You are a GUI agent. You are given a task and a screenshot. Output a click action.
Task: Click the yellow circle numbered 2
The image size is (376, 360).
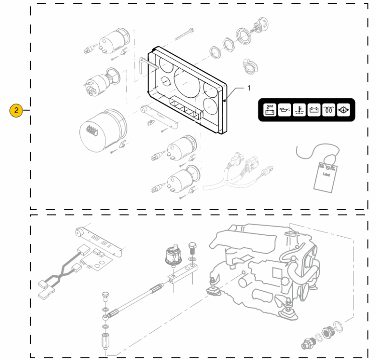point(16,111)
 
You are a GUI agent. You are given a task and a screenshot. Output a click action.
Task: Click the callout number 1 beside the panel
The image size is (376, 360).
point(249,88)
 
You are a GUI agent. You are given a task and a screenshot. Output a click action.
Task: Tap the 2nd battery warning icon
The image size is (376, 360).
point(270,111)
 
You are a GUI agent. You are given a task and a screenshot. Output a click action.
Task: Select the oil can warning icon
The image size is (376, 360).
point(284,111)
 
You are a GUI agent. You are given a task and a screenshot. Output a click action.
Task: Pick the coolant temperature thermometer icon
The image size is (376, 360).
point(298,111)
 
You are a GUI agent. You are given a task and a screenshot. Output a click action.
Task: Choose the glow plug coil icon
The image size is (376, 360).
point(328,111)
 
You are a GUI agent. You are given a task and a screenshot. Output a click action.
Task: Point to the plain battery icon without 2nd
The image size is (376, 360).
point(313,111)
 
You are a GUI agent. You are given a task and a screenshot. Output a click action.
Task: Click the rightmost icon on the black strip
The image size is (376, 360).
point(343,111)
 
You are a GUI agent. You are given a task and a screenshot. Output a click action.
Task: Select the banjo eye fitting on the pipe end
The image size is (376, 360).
point(106,318)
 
